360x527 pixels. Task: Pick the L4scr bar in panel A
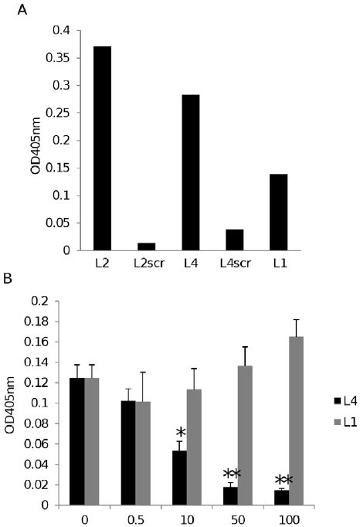pyautogui.click(x=235, y=240)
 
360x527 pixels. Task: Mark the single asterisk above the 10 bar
pyautogui.click(x=180, y=432)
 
